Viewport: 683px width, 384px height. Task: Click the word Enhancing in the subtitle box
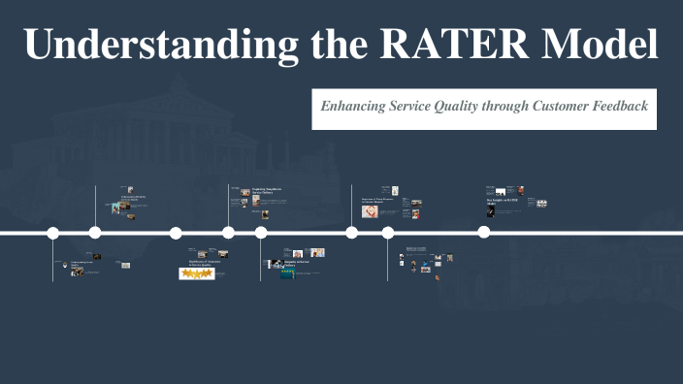pyautogui.click(x=355, y=106)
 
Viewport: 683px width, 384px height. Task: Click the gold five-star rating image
pyautogui.click(x=197, y=274)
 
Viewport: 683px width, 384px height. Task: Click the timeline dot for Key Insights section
pyautogui.click(x=483, y=233)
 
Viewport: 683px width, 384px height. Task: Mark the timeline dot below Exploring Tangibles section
pyautogui.click(x=228, y=233)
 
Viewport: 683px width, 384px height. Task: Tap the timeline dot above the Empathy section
pyautogui.click(x=261, y=233)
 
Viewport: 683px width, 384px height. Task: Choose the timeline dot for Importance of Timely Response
pyautogui.click(x=351, y=233)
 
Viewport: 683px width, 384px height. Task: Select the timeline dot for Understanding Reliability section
pyautogui.click(x=95, y=233)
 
